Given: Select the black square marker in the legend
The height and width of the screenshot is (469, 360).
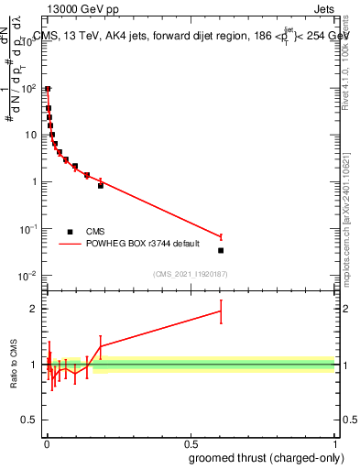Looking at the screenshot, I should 70,232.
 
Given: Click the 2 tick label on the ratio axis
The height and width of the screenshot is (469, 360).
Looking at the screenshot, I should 33,309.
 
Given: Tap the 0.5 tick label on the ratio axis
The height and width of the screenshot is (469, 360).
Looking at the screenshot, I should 29,421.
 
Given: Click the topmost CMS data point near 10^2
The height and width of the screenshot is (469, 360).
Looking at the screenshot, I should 48,90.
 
